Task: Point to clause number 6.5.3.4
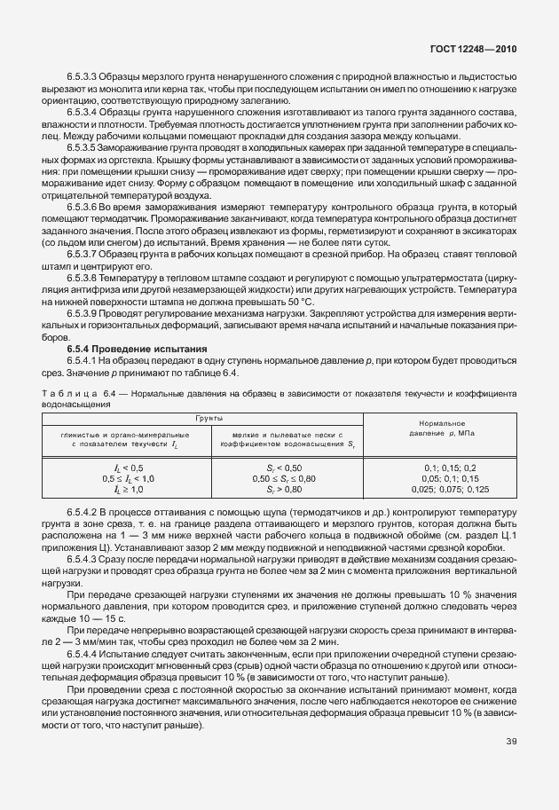pos(85,113)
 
